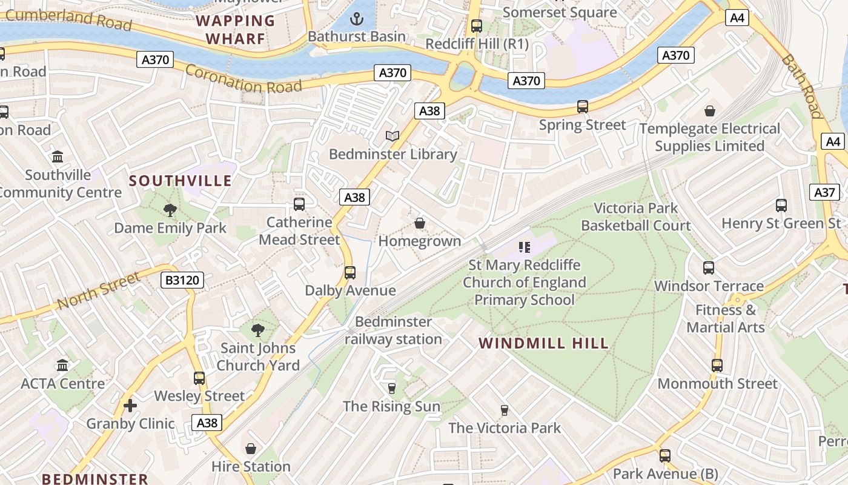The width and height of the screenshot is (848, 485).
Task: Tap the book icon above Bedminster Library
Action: [x=393, y=136]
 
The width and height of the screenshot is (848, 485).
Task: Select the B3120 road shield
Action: [x=182, y=280]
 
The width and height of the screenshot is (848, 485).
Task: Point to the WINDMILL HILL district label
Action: [x=543, y=344]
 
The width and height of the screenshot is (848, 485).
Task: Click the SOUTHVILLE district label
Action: [x=180, y=181]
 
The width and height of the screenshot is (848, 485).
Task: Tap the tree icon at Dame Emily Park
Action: [x=170, y=210]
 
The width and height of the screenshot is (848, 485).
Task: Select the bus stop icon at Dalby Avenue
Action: [x=350, y=272]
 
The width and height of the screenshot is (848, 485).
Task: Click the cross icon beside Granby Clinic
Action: [x=130, y=406]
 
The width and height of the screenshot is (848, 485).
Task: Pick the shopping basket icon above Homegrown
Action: [x=419, y=223]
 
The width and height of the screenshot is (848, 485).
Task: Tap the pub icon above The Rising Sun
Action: [x=391, y=388]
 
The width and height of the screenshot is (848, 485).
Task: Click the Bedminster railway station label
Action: [x=393, y=330]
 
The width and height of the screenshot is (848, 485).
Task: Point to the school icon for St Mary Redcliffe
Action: [x=525, y=247]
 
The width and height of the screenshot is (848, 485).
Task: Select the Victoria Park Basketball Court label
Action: [x=635, y=216]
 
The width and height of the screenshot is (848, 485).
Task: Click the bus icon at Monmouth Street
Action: [x=717, y=366]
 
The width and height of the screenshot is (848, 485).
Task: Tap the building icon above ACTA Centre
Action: [x=62, y=365]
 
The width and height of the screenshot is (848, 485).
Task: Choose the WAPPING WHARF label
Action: [x=236, y=30]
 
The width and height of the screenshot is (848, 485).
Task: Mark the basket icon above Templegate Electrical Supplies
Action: [x=709, y=111]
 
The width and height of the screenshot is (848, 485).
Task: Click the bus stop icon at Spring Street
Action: [x=583, y=107]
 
